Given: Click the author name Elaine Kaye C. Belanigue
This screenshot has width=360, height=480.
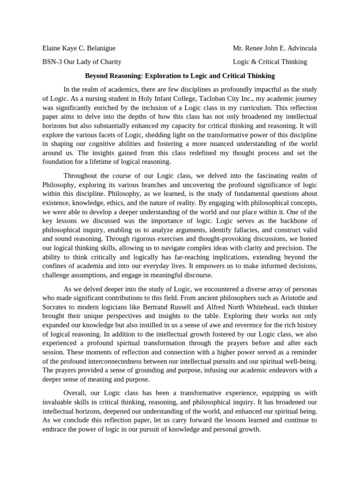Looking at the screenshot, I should coord(79,48).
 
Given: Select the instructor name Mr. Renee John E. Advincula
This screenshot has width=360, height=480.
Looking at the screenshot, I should coord(275,48).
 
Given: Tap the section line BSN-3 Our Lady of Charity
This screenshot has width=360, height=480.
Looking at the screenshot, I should coord(82,61).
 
